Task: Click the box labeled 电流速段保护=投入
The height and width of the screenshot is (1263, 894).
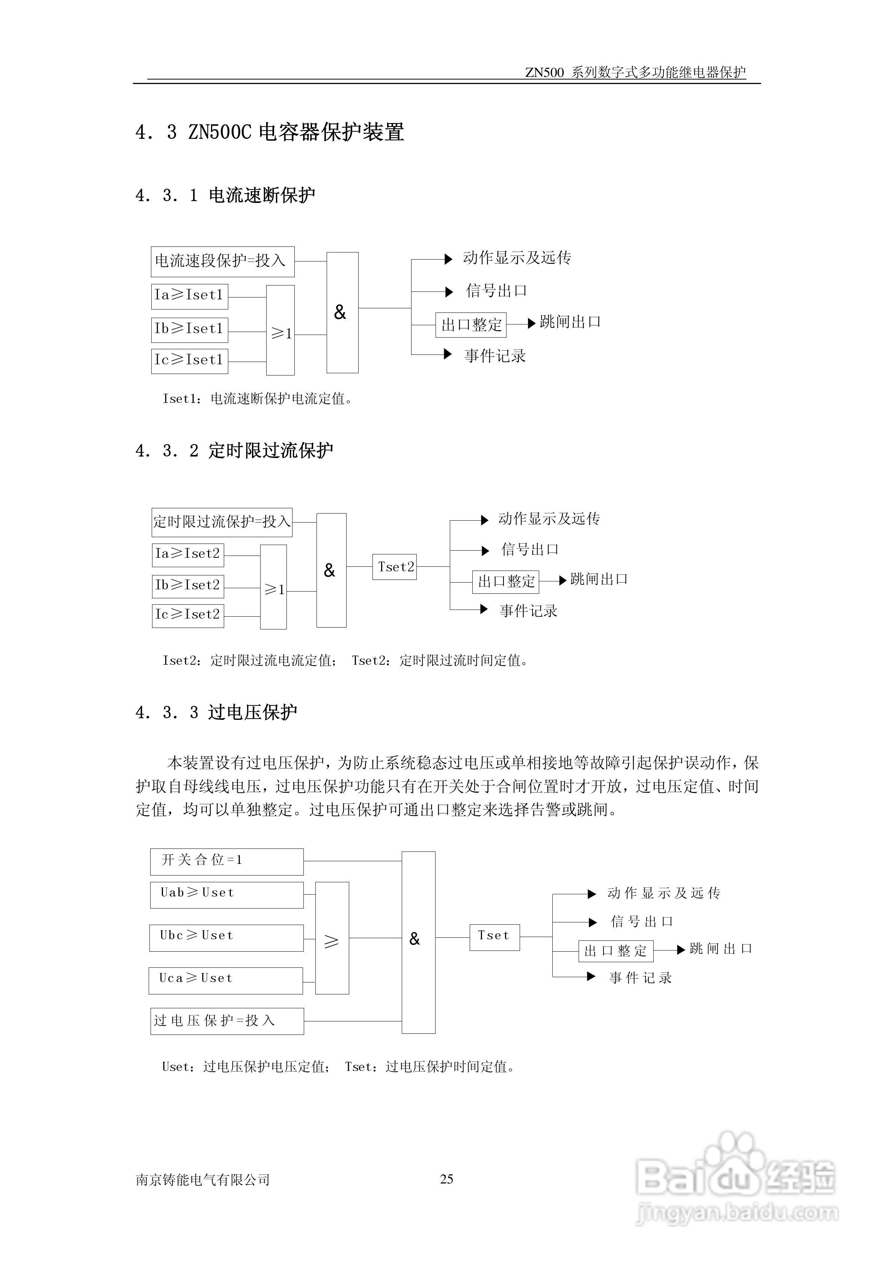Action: (x=222, y=261)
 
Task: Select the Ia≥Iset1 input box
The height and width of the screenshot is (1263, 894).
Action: (x=189, y=296)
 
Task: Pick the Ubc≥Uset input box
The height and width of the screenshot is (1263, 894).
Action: (x=226, y=937)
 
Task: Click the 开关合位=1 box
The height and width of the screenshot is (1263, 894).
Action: (x=226, y=861)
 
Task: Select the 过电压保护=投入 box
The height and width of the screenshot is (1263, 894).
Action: (x=227, y=1021)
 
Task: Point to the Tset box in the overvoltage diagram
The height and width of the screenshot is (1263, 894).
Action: (x=494, y=937)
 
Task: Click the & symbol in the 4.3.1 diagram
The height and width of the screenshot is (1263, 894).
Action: (x=340, y=312)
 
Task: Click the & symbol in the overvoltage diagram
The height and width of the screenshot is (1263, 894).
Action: (x=415, y=939)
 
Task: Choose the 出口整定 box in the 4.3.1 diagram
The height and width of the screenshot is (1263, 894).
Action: (x=471, y=324)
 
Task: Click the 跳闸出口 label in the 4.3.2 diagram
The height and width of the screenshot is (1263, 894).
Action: (x=599, y=579)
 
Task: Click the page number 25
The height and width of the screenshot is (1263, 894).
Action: (x=446, y=1179)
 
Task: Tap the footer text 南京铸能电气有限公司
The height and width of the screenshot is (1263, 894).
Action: (x=203, y=1180)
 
